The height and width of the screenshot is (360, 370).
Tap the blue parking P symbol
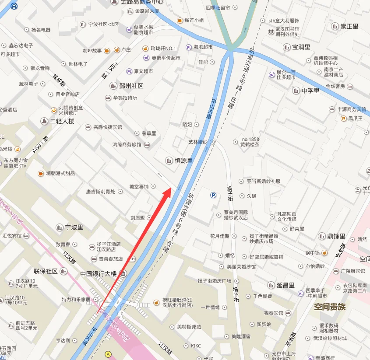(213, 195)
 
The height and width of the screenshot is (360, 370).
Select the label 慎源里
(183, 161)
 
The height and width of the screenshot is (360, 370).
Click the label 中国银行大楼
(99, 274)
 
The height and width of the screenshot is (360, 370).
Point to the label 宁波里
(74, 227)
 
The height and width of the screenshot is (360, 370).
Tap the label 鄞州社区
(131, 86)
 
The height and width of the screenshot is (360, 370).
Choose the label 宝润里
(301, 47)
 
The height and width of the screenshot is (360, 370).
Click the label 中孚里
(310, 91)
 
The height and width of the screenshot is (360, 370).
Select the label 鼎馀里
(336, 236)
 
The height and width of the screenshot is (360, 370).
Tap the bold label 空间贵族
(330, 307)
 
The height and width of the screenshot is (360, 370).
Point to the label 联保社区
(46, 271)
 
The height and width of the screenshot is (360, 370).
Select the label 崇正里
(349, 26)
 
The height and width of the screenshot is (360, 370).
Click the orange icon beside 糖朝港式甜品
(41, 173)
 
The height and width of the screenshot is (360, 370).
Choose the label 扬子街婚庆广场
(214, 280)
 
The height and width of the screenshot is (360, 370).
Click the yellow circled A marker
(108, 354)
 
